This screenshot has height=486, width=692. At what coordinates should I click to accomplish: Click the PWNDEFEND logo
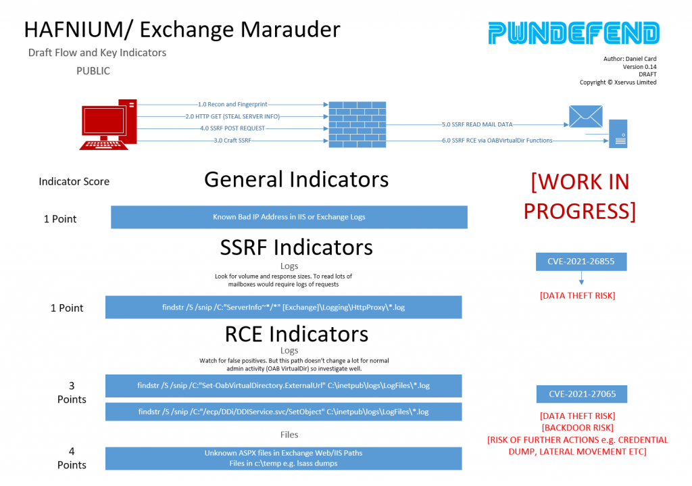coord(574,33)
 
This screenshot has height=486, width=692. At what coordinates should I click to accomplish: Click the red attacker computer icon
coord(109,125)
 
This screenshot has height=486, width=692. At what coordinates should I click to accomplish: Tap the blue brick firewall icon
coord(357,124)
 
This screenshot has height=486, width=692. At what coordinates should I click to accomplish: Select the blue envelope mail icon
coord(586,116)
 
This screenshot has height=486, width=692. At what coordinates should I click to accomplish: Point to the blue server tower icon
coord(618,134)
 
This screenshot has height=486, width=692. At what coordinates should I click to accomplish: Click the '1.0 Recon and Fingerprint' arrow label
coord(232,105)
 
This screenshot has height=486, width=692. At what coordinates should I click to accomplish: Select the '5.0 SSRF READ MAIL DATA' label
coord(477,124)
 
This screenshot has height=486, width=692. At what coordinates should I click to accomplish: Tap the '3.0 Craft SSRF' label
coord(232,141)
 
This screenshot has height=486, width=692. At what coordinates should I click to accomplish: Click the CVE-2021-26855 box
coord(581,262)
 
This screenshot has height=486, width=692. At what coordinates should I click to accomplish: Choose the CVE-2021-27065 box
coord(582,394)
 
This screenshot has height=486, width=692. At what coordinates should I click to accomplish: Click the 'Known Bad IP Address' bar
coord(289,217)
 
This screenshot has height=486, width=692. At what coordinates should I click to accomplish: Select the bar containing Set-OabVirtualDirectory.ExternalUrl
coord(283,386)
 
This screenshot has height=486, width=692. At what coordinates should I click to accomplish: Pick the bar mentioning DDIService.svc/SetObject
coord(283,412)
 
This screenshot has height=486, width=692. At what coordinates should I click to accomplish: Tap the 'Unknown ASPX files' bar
coord(283,458)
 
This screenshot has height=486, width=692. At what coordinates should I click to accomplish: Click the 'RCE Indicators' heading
coord(297,334)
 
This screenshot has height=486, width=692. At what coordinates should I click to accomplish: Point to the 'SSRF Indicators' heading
coord(297,247)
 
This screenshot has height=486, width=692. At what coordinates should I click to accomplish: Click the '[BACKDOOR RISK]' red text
coord(578,428)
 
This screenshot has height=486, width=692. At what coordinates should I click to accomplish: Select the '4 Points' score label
coord(72,458)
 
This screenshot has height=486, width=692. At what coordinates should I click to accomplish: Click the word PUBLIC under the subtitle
coord(93,71)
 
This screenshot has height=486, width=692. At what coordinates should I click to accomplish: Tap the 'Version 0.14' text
coord(639,67)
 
